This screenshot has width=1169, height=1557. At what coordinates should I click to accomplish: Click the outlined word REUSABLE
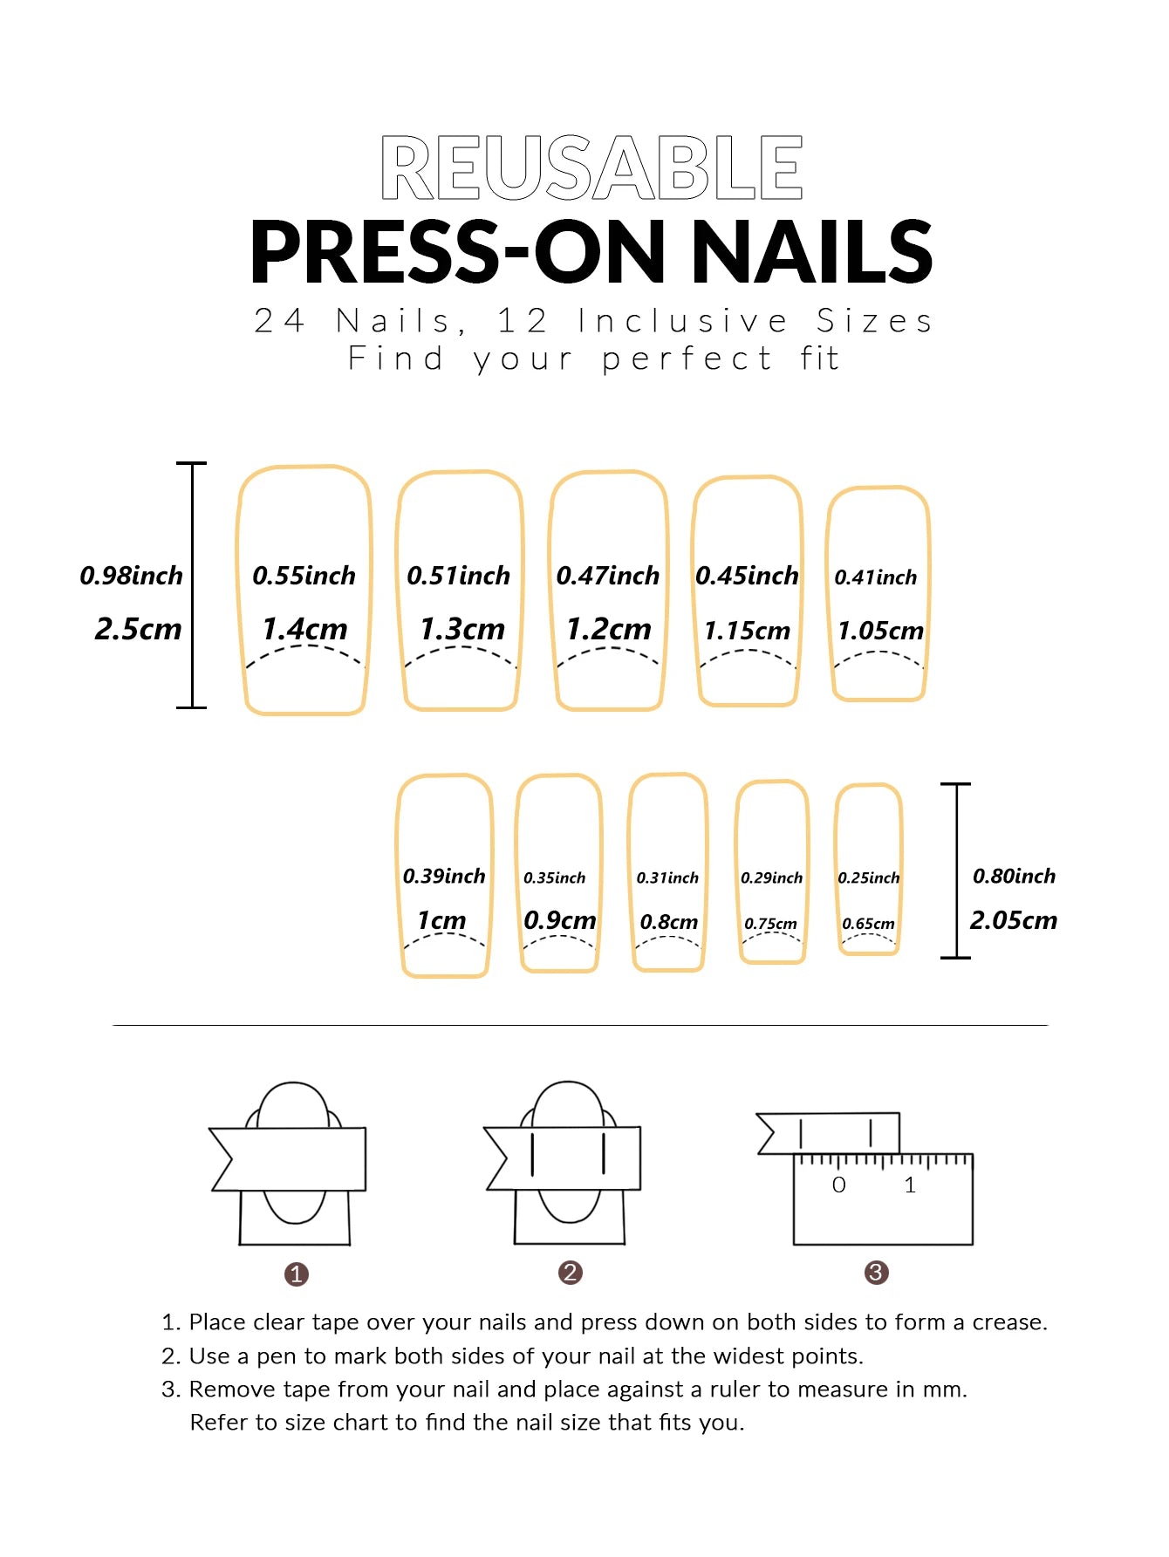pos(591,167)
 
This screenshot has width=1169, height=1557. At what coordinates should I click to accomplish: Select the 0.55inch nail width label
pos(304,576)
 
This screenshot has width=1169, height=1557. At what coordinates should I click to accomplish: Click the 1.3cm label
pos(462,629)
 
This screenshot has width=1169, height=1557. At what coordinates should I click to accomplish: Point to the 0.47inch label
pos(608,576)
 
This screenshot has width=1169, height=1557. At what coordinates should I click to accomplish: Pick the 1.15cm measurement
pos(747,631)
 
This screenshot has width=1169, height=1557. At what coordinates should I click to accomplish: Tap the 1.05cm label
pos(880,631)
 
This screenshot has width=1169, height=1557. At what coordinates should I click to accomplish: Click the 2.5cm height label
pos(138,629)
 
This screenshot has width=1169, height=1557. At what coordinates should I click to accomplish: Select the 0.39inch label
pos(444,876)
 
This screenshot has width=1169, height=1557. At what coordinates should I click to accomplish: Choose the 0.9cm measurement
pos(559,920)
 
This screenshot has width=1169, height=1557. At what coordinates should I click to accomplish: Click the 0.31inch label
pos(667,878)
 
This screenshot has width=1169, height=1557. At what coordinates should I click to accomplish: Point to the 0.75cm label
pos(770,924)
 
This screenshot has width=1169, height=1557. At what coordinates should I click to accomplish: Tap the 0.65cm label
pos(868,924)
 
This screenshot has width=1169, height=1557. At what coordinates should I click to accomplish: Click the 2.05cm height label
pos(1013,920)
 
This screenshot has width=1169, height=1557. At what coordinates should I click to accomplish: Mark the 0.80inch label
pos(1014,876)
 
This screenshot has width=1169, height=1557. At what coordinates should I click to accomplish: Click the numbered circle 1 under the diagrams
pos(297,1274)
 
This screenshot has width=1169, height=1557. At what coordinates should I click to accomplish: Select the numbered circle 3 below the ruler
pos(876,1273)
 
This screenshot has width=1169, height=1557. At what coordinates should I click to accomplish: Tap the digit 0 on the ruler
pos(838,1185)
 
